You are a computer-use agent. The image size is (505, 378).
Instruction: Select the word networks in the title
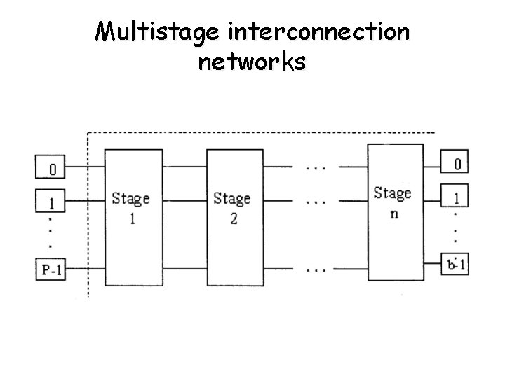(x=252, y=62)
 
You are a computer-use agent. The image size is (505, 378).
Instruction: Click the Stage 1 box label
(x=130, y=207)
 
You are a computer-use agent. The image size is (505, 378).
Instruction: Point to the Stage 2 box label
(x=232, y=207)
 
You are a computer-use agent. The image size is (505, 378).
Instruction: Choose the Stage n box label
(x=393, y=202)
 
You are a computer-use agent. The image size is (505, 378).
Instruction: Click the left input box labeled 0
(x=50, y=168)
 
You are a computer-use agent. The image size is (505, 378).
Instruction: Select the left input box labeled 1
(x=50, y=202)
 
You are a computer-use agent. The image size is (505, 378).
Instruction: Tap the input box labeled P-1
(x=50, y=269)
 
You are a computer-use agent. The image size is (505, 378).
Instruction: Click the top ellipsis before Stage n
(x=316, y=168)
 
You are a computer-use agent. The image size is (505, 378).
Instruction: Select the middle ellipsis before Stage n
(x=316, y=202)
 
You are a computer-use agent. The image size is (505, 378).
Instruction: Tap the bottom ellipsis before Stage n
(x=316, y=268)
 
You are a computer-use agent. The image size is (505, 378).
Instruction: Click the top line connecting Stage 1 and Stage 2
(x=181, y=167)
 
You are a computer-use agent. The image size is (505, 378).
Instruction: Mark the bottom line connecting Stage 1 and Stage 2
(x=181, y=267)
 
